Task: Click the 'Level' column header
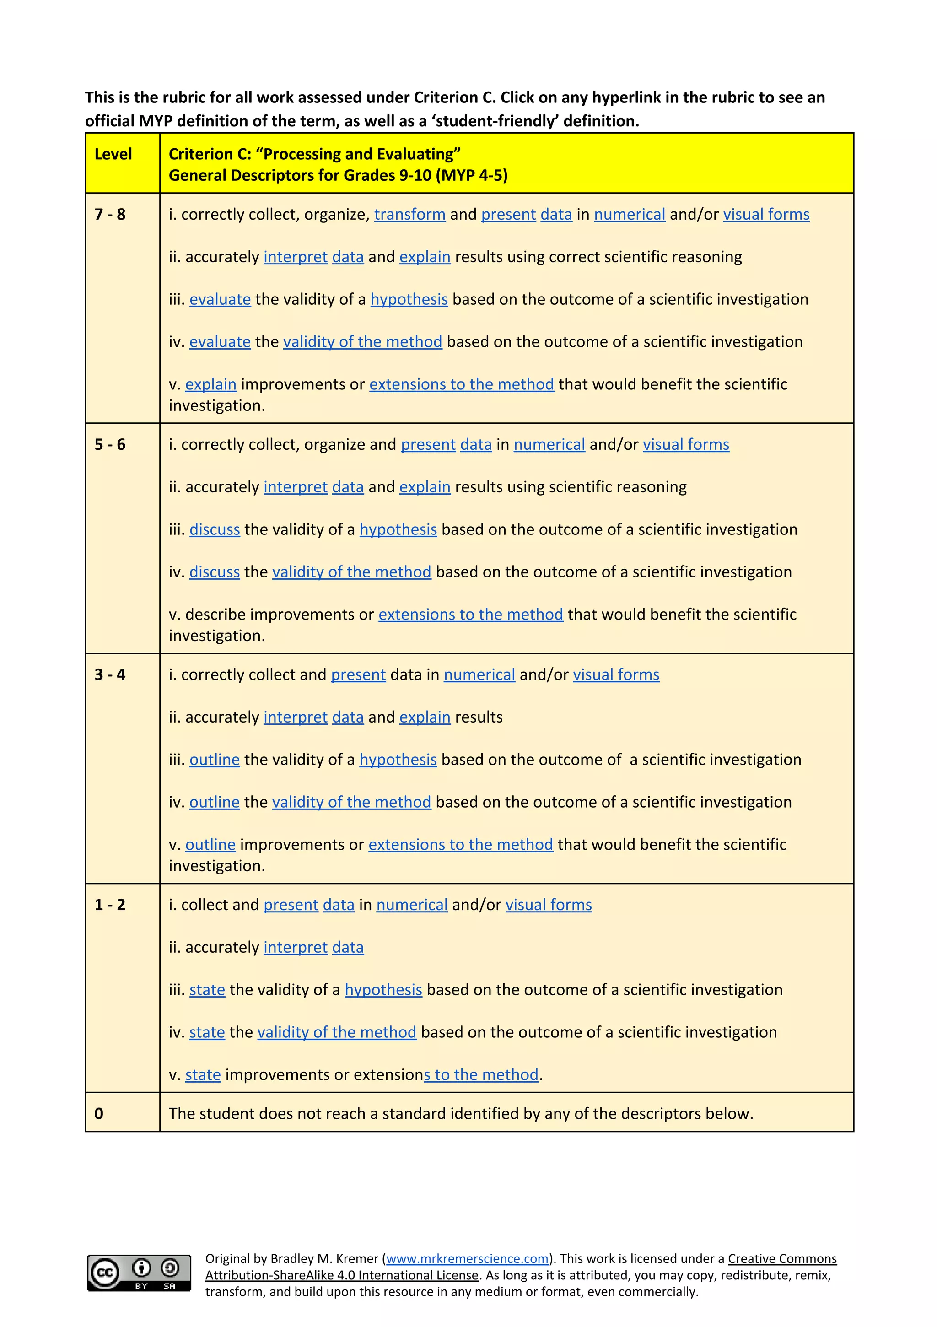[113, 154]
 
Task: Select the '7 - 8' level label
[110, 215]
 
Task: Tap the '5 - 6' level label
[110, 444]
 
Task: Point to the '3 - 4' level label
[110, 674]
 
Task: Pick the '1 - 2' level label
[110, 905]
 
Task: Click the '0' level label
[99, 1114]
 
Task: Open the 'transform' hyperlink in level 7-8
[410, 215]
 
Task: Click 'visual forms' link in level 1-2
[549, 905]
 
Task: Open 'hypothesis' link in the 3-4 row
[398, 760]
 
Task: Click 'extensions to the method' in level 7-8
[461, 384]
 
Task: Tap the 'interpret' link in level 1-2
[296, 947]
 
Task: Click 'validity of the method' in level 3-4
[351, 802]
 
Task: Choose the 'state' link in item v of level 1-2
[203, 1075]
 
